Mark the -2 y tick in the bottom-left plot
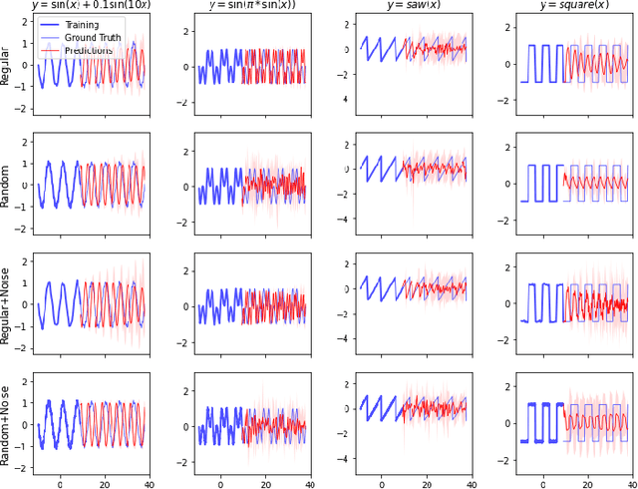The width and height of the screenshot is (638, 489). [x=22, y=467]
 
